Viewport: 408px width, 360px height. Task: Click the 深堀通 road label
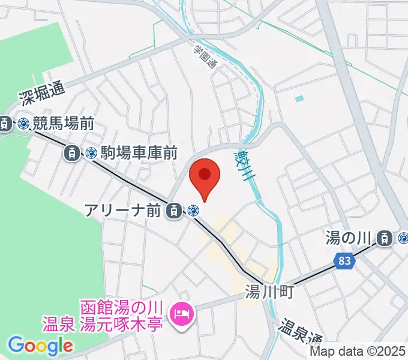click(41, 91)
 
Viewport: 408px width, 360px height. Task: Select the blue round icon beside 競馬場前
click(23, 124)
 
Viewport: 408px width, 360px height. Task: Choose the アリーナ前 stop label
click(124, 210)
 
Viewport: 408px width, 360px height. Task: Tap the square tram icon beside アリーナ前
click(173, 210)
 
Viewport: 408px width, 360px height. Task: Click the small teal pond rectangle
click(299, 98)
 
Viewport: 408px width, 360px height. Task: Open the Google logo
click(40, 346)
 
